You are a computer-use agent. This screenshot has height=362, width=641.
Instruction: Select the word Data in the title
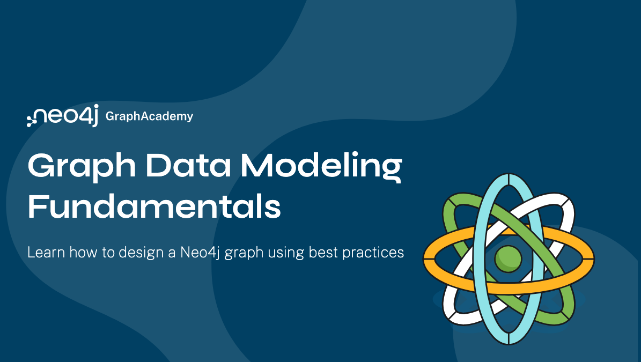(188, 165)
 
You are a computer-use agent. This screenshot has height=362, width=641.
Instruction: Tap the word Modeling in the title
(321, 166)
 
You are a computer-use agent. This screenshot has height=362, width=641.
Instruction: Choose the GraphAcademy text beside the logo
(149, 116)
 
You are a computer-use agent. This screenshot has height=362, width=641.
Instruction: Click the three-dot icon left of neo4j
(31, 119)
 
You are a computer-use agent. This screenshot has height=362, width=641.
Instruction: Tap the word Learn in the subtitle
(46, 252)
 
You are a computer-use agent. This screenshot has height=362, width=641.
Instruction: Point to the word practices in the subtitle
(373, 253)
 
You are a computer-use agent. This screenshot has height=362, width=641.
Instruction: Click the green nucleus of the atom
(508, 259)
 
